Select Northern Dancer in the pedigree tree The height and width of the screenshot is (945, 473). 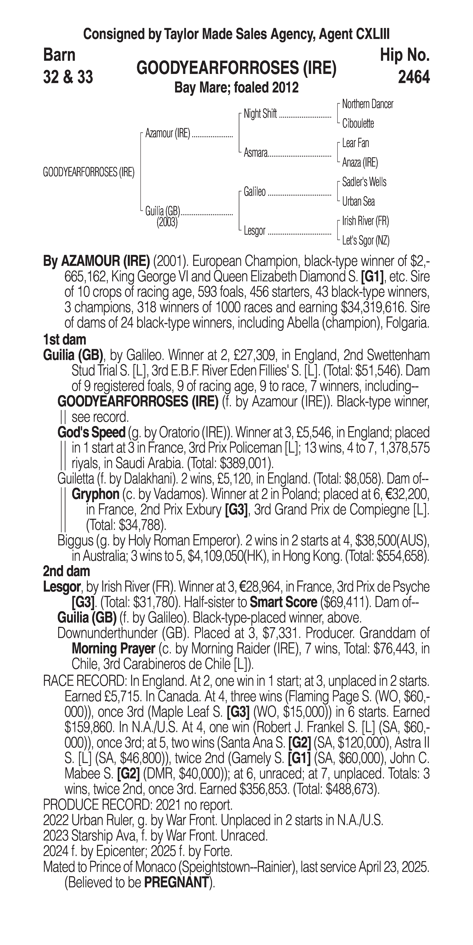click(x=367, y=104)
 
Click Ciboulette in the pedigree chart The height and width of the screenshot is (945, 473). click(x=358, y=124)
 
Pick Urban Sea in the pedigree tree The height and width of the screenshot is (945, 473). click(x=358, y=201)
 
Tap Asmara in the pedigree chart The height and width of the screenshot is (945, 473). click(x=256, y=153)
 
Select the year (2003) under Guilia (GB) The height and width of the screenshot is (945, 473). click(x=167, y=222)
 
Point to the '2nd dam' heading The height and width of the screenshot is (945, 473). click(x=66, y=571)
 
